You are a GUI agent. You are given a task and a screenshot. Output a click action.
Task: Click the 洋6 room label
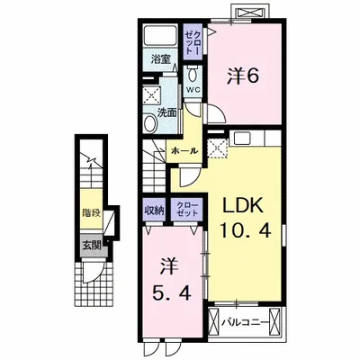click(x=243, y=76)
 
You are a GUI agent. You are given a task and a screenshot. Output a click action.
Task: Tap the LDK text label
click(x=243, y=206)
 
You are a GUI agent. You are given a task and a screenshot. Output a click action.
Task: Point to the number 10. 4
click(x=246, y=230)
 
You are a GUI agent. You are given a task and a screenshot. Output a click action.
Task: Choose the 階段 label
click(x=92, y=213)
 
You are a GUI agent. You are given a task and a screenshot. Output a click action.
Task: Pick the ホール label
click(x=184, y=151)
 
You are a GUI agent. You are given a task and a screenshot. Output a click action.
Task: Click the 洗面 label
click(x=166, y=112)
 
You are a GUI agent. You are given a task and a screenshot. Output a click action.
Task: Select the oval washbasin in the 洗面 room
click(x=150, y=124)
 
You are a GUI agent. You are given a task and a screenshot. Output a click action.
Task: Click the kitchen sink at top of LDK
click(x=242, y=139)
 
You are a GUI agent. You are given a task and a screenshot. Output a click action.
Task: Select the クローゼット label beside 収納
click(x=187, y=209)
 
